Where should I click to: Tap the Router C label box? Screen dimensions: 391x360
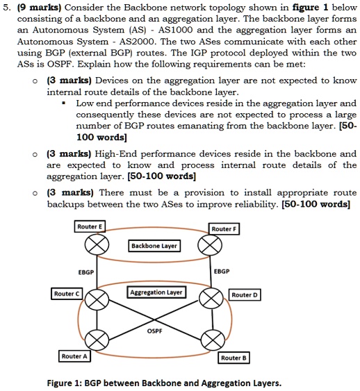point(67,293)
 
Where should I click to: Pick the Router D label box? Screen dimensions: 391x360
point(245,294)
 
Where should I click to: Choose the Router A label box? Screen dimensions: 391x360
point(75,356)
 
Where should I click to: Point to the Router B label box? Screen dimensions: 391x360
point(234,357)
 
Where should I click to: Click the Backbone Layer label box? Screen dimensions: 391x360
point(154,245)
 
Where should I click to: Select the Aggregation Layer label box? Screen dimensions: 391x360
point(156,292)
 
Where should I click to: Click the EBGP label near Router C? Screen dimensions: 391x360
point(86,272)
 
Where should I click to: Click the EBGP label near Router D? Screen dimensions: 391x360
point(223,272)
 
